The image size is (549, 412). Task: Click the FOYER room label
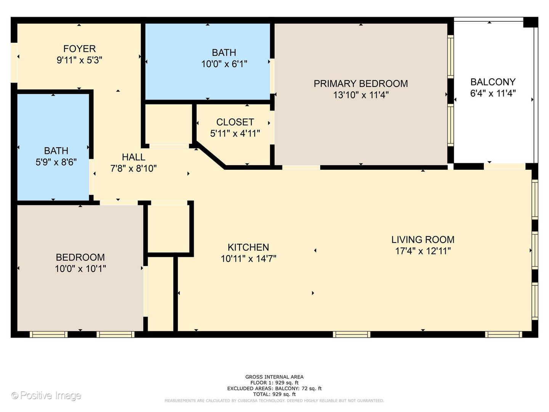79,49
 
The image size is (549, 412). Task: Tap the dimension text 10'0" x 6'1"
224,64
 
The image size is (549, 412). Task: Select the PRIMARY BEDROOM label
361,84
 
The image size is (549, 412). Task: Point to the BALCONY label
493,82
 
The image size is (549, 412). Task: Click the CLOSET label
235,122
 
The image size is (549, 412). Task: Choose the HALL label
133,157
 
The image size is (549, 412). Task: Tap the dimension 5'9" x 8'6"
56,162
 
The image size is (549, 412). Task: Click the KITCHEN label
248,247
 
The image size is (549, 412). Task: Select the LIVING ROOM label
423,240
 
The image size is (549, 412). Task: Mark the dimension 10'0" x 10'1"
80,269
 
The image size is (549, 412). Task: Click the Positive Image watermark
47,395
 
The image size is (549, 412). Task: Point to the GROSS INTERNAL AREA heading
274,377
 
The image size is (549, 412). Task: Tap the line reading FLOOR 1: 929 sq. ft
274,383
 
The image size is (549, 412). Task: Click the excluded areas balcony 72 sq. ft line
274,388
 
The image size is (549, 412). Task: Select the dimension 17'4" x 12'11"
423,251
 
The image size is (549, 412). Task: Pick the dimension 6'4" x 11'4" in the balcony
493,93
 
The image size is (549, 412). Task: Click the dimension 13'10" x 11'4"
361,95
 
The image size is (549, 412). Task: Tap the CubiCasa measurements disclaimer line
274,401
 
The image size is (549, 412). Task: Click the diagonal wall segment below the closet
210,156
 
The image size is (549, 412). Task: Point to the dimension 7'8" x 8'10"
133,169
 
